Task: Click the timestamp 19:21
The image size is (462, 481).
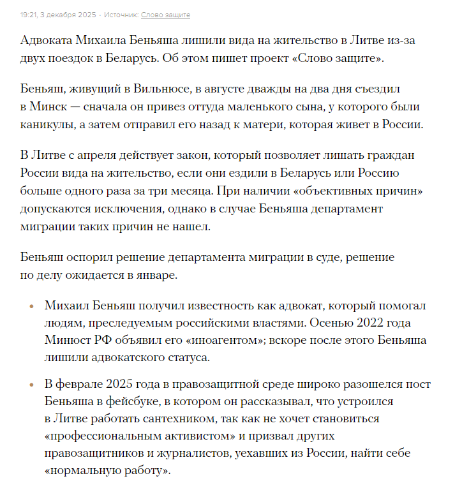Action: tap(30, 15)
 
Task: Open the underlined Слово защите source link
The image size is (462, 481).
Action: tap(165, 15)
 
